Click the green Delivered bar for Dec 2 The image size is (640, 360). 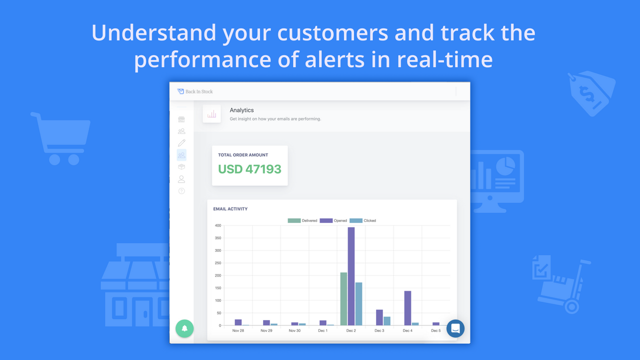tap(343, 299)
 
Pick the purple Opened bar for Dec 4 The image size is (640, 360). tap(407, 308)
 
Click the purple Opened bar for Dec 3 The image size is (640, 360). tap(379, 317)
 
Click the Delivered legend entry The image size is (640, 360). tap(302, 220)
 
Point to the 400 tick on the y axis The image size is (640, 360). tap(217, 225)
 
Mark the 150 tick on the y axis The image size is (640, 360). tap(217, 288)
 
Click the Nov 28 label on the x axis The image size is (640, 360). tap(238, 331)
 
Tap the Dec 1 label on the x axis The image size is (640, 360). tap(323, 331)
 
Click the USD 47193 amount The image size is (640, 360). tap(249, 169)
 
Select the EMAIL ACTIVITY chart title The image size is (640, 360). tap(230, 209)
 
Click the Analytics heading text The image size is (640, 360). tap(241, 110)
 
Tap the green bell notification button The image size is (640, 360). tap(184, 328)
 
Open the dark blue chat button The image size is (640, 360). tap(455, 328)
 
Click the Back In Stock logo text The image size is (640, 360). tap(199, 91)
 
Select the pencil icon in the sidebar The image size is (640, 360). tap(181, 143)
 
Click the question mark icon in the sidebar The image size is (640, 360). tap(181, 191)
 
